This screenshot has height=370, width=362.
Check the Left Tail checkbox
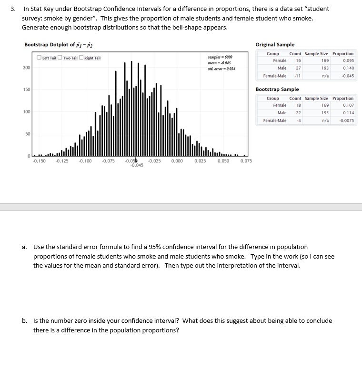40,58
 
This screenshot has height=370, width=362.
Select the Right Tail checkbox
81,58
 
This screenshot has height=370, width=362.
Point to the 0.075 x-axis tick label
246,161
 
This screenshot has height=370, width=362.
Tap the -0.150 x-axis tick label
39,161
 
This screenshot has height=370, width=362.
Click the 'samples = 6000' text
220,57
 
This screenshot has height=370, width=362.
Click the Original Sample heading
275,44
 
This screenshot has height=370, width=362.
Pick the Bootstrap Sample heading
277,89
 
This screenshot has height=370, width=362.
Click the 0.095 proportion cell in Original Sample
348,60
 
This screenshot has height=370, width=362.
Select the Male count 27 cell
298,68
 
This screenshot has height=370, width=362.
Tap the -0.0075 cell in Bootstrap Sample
346,120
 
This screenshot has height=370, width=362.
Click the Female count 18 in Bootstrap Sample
298,105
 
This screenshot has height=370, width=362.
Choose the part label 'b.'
24,321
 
